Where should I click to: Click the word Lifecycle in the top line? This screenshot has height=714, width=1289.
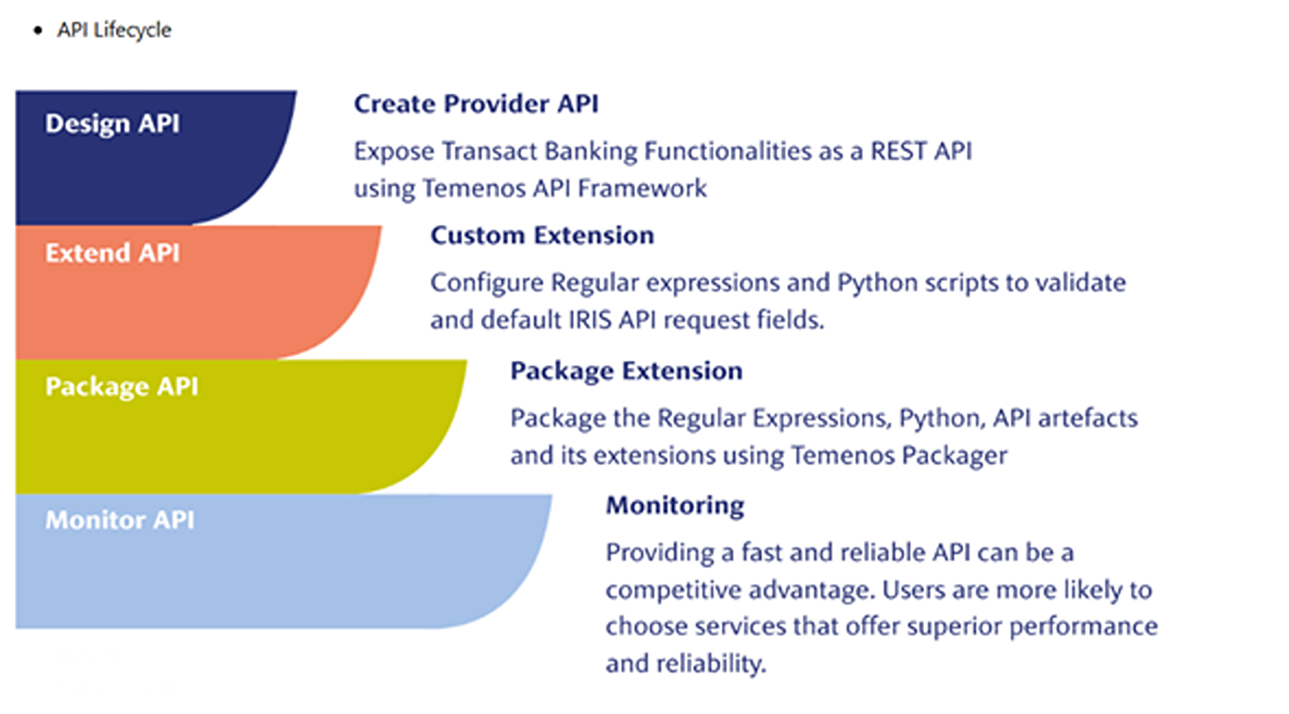point(133,30)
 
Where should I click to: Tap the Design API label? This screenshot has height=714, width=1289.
point(112,124)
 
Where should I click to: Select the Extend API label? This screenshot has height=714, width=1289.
point(112,253)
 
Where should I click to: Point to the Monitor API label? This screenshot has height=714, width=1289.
point(120,520)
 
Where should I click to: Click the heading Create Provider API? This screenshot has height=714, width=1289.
point(476,104)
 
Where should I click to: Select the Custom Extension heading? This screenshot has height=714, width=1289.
point(543,235)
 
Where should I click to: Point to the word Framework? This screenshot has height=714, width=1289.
point(642,189)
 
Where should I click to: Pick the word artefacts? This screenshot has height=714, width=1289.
point(1088,419)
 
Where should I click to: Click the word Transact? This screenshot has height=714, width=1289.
point(489,151)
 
